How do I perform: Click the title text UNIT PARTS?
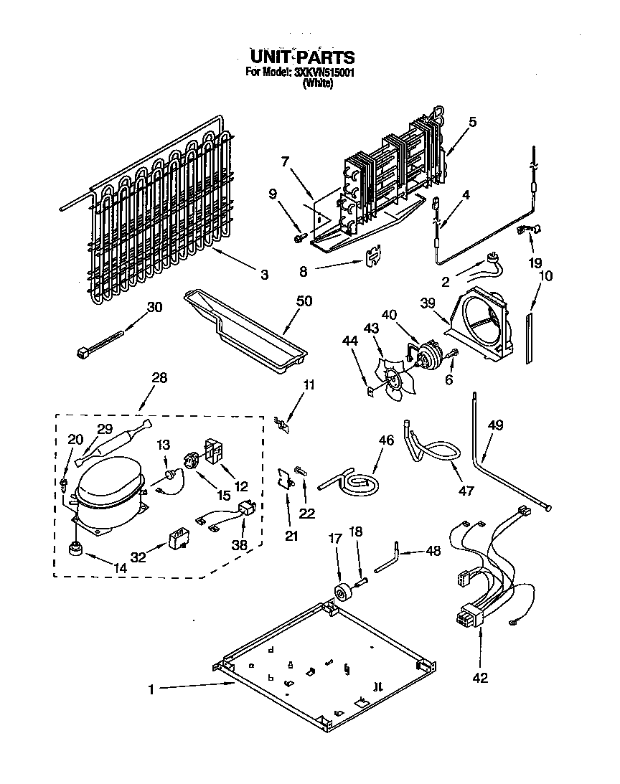pos(302,56)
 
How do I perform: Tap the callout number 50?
pos(304,301)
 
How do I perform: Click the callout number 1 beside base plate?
pos(152,690)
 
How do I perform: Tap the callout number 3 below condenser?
pos(264,274)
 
